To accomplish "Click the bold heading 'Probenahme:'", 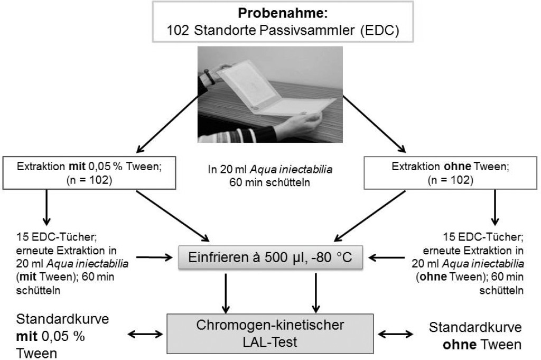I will click(x=270, y=12).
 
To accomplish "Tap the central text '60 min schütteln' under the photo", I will click(x=270, y=183).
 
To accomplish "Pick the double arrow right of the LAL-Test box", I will click(x=396, y=333).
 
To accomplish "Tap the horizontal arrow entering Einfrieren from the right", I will click(x=384, y=258).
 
